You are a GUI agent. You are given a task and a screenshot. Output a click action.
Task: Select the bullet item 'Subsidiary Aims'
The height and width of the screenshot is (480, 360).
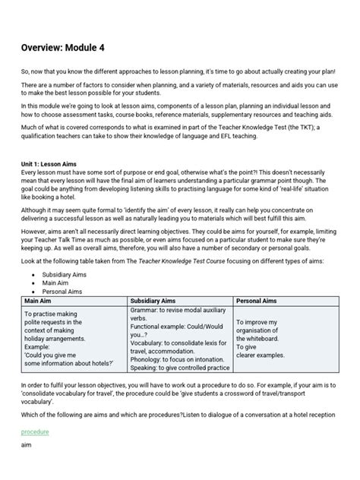click(65, 274)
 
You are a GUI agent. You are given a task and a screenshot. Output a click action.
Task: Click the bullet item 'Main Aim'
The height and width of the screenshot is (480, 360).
click(57, 283)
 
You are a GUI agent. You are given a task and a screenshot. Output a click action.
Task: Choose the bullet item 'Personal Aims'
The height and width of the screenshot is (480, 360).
click(62, 292)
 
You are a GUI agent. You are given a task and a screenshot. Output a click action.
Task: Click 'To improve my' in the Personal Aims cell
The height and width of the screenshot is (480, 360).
click(259, 322)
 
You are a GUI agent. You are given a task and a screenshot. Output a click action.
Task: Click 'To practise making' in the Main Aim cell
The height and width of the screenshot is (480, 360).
click(53, 313)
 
